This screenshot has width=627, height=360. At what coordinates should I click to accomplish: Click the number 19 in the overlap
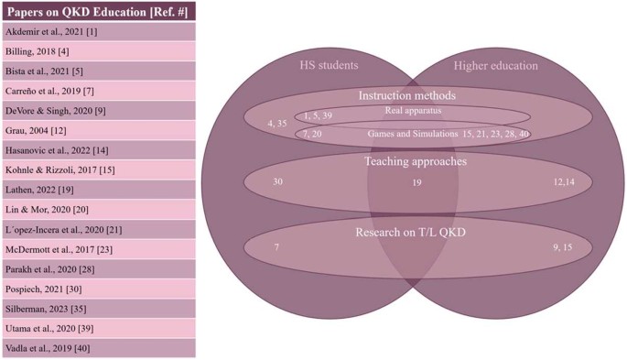click(x=416, y=183)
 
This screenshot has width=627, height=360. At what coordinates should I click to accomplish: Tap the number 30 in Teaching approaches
click(x=277, y=181)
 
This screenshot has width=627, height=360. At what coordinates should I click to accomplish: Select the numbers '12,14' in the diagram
click(x=566, y=181)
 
